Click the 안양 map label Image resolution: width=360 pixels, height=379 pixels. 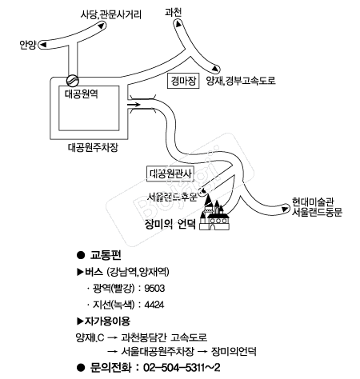pos(28,45)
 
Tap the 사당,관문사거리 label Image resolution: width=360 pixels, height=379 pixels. pos(111,14)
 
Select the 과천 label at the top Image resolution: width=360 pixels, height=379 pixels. pos(174,12)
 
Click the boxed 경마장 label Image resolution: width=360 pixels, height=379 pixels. pos(183,81)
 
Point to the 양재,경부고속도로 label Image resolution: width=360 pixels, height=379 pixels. pos(241,81)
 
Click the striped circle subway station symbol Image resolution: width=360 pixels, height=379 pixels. pos(73,80)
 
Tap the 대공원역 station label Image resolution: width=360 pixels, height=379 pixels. pos(82,94)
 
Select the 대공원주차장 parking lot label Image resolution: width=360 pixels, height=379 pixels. pos(93,147)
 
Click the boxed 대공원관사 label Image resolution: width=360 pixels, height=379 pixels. pos(170,174)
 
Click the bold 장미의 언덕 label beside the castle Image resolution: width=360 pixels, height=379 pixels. pos(170,224)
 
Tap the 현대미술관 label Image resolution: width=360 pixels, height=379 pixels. pos(313,201)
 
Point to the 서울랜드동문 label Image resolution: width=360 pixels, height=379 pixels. pos(317,212)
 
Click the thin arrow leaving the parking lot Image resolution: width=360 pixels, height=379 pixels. pos(134,105)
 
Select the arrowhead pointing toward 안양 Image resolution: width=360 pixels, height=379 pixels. pos(42,44)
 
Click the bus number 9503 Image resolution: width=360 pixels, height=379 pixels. pos(154,289)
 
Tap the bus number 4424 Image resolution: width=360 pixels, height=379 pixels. pos(154,305)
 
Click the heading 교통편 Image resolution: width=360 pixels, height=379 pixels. pos(106,255)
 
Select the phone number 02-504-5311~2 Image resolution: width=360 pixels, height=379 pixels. pos(182,368)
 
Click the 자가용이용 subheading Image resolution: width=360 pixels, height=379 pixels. pos(107,321)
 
